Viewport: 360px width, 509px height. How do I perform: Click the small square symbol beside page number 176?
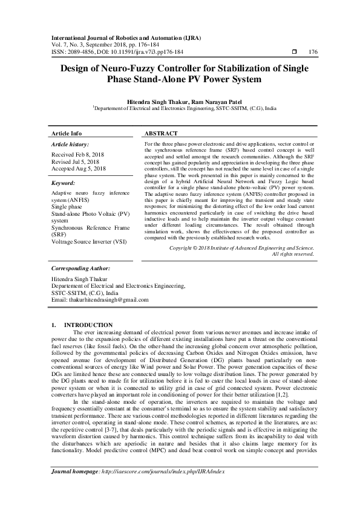point(293,53)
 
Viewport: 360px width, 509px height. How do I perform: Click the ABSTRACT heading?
point(162,133)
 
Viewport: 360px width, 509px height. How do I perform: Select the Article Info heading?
point(67,133)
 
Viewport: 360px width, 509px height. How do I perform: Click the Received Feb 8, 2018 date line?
point(77,155)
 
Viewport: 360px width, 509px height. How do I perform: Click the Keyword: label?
point(63,182)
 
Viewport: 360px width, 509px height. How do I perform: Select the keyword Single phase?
point(67,206)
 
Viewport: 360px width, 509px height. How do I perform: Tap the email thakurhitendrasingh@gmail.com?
point(100,300)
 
